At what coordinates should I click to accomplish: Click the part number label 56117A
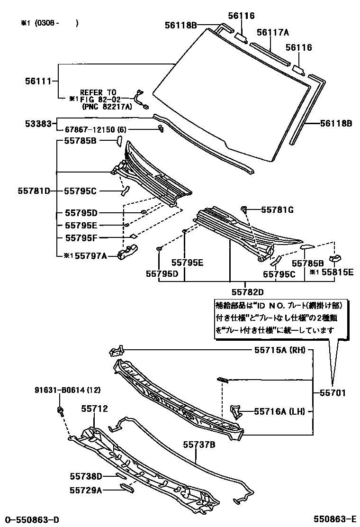[273, 32]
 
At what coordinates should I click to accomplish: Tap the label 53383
[38, 123]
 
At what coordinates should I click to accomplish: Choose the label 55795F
[81, 237]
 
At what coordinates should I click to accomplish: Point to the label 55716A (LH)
[279, 412]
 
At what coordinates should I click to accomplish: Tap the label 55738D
[86, 476]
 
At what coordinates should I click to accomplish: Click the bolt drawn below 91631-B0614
[61, 410]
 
